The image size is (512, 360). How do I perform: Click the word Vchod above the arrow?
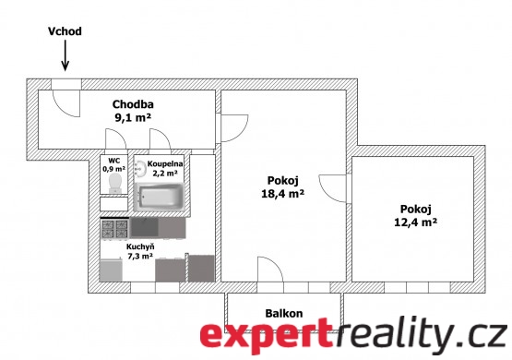coord(65,31)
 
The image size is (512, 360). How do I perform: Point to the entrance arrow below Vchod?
coord(65,54)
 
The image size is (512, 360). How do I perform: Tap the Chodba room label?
coord(133,104)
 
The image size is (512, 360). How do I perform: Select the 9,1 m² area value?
coord(133,117)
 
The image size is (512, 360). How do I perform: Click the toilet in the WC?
coord(114,183)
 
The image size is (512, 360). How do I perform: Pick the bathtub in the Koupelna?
coord(160,197)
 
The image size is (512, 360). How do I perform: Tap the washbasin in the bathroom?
coord(140,169)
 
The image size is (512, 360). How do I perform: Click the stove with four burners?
coord(114,229)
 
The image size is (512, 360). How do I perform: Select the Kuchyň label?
coord(140,246)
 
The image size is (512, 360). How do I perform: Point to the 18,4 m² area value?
coord(283,194)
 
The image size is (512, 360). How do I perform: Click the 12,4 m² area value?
coord(416,222)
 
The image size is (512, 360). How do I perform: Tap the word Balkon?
coord(284,314)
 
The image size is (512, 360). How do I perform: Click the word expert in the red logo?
coord(265,337)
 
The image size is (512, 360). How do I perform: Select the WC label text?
coord(114,161)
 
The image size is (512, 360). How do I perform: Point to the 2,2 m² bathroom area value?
coord(165,173)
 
